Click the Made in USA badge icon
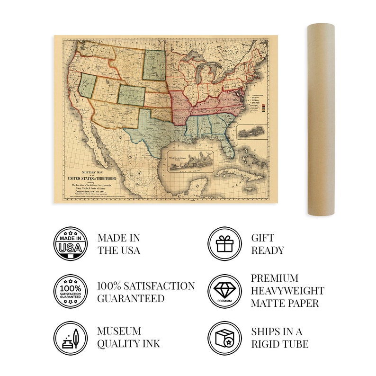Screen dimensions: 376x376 pos(70,243)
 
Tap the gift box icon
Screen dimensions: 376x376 pos(224,243)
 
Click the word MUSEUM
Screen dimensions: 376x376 pos(119,331)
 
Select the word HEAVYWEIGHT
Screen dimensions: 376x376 pos(287,291)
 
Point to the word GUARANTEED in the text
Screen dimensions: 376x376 pos(131,298)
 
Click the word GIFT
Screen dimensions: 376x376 pos(263,238)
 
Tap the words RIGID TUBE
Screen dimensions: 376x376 pos(279,344)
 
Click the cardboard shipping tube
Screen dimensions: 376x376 pos(321,118)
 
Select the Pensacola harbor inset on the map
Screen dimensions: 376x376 pos(189,160)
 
